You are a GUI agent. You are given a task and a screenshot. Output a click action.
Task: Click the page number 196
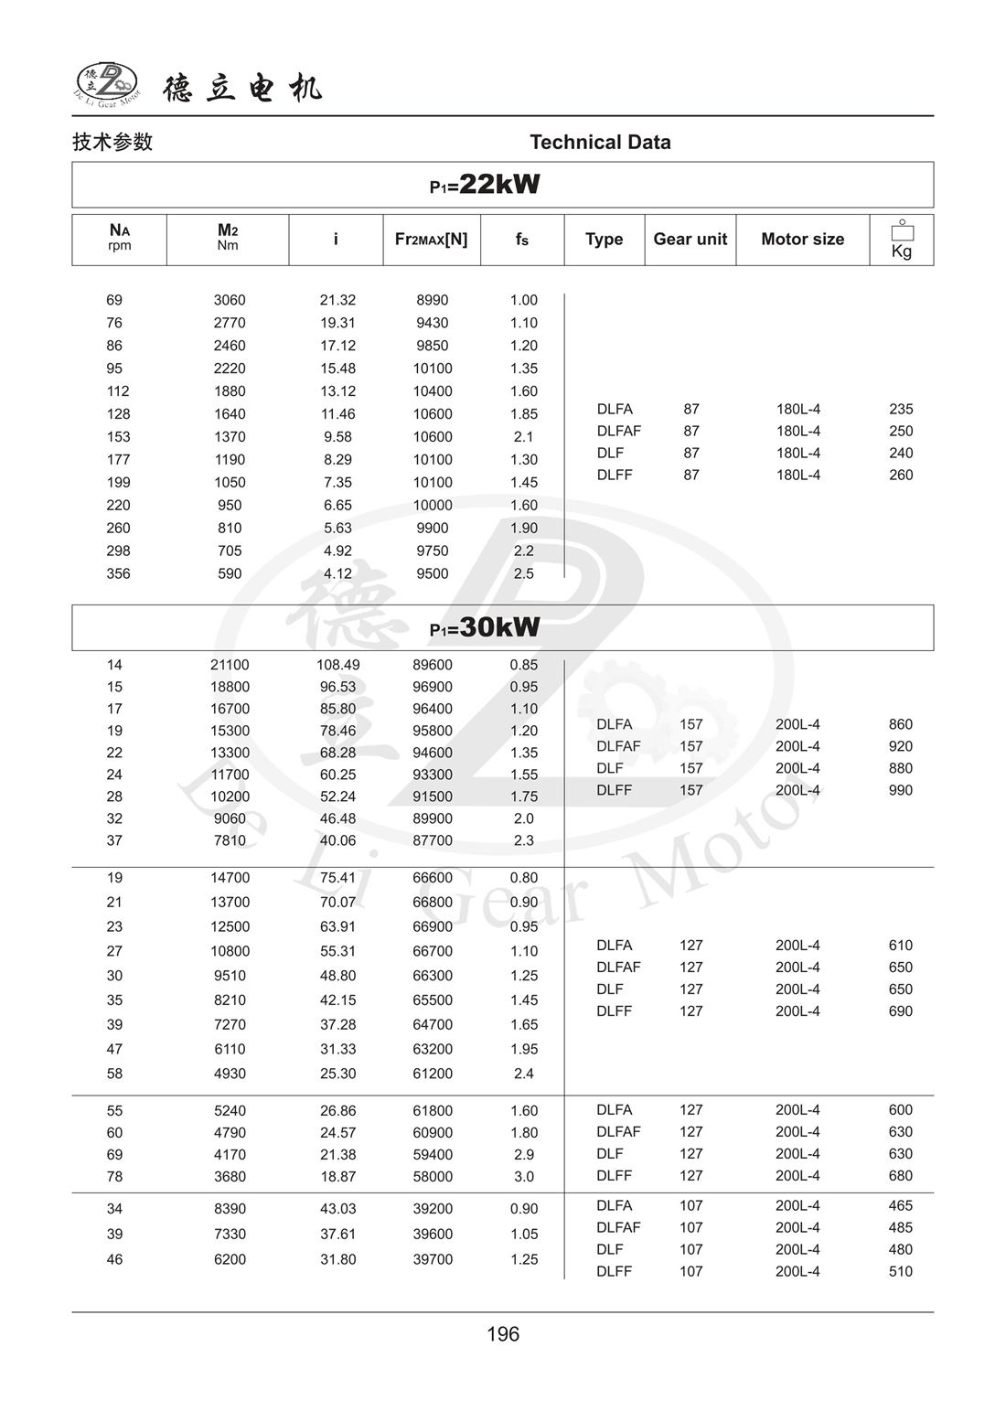[x=503, y=1334]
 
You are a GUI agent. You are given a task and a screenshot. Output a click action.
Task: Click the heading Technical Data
[x=600, y=142]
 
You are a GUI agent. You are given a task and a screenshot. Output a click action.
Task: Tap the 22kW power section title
[x=486, y=185]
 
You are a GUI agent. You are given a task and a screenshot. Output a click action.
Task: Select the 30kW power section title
[x=486, y=627]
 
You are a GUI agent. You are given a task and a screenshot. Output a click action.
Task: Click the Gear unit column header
[x=690, y=239]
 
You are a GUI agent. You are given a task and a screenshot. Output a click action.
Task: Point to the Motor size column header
[x=802, y=239]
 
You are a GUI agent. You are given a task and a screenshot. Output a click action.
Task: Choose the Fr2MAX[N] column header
[x=431, y=239]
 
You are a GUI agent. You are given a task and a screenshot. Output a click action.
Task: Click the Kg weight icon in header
[x=902, y=240]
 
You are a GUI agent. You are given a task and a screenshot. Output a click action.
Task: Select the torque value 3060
[x=230, y=300]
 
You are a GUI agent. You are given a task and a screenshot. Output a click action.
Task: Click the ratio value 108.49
[x=337, y=665]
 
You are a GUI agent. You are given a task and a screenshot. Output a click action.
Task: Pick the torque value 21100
[x=230, y=665]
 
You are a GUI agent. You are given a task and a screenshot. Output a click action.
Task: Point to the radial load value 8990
[x=433, y=300]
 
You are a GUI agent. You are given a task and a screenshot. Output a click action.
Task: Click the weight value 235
[x=901, y=409]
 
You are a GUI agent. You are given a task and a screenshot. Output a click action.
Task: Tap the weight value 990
[x=901, y=790]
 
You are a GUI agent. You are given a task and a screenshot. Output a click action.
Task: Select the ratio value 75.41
[x=337, y=878]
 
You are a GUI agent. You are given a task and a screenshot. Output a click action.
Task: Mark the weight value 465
[x=901, y=1205]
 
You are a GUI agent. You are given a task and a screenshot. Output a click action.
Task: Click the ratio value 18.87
[x=337, y=1176]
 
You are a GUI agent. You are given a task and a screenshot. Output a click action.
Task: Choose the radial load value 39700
[x=433, y=1259]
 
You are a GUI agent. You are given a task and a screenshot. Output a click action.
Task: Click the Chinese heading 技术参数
[x=112, y=142]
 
